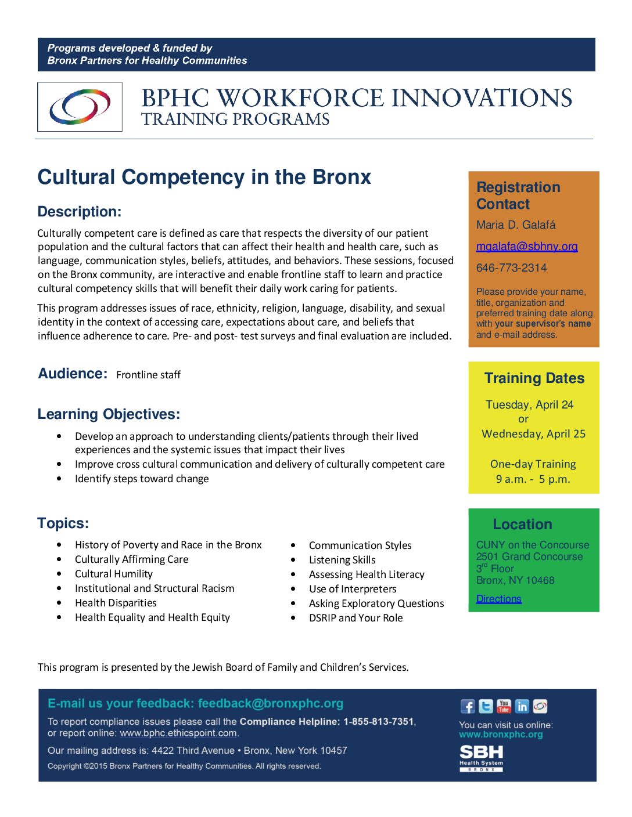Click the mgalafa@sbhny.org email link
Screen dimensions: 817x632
pyautogui.click(x=527, y=247)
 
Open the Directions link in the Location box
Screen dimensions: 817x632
pyautogui.click(x=498, y=599)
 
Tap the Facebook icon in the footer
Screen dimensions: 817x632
pyautogui.click(x=468, y=706)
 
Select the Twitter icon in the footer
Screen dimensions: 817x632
pyautogui.click(x=486, y=706)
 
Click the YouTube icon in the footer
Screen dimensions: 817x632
pyautogui.click(x=504, y=706)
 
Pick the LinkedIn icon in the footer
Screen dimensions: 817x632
pyautogui.click(x=522, y=706)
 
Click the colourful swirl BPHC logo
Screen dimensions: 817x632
pyautogui.click(x=80, y=107)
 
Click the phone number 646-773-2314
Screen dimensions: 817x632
pyautogui.click(x=511, y=268)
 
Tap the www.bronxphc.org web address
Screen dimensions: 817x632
pyautogui.click(x=501, y=735)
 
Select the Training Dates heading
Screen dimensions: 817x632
pyautogui.click(x=534, y=378)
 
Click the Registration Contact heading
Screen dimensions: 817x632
pyautogui.click(x=518, y=196)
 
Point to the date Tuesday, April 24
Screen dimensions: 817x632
pyautogui.click(x=529, y=405)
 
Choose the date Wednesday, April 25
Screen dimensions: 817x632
pyautogui.click(x=533, y=434)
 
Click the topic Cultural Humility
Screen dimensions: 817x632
pyautogui.click(x=114, y=574)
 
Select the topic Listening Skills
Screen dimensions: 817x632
pyautogui.click(x=342, y=560)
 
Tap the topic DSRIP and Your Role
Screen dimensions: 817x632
pyautogui.click(x=355, y=618)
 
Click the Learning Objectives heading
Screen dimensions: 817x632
pyautogui.click(x=109, y=414)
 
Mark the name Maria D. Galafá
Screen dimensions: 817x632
pyautogui.click(x=516, y=225)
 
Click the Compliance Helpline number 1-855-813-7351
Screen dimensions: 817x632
pyautogui.click(x=378, y=722)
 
